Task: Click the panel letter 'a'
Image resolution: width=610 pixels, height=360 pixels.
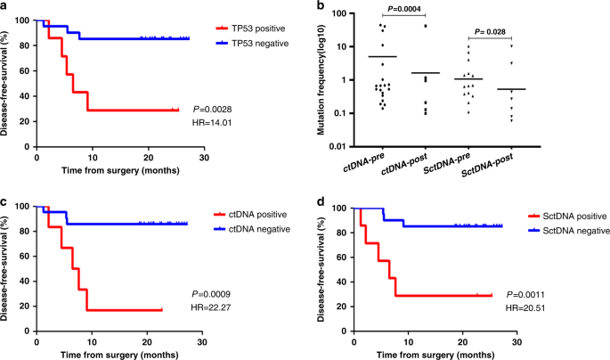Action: point(5,7)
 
